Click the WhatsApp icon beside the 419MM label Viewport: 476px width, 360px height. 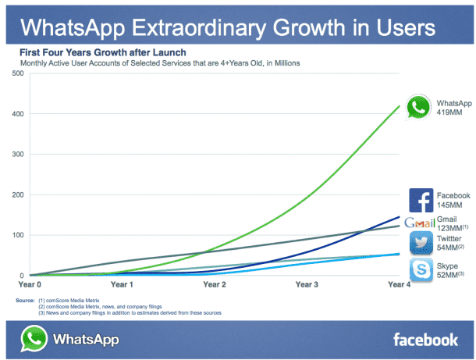pyautogui.click(x=420, y=107)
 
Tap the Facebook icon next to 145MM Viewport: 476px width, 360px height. pyautogui.click(x=421, y=201)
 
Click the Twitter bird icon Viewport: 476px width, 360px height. pyautogui.click(x=421, y=242)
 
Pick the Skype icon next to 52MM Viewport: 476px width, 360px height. pyautogui.click(x=421, y=270)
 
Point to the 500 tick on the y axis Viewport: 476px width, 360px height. pyautogui.click(x=18, y=73)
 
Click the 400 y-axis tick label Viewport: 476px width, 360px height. pyautogui.click(x=18, y=114)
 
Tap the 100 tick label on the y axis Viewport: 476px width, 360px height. pyautogui.click(x=18, y=235)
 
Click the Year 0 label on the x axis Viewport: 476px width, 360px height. pyautogui.click(x=30, y=285)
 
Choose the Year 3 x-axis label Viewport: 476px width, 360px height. pyautogui.click(x=306, y=285)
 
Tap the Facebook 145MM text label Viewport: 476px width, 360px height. pyautogui.click(x=453, y=201)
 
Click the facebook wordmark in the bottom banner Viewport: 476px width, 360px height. pyautogui.click(x=424, y=339)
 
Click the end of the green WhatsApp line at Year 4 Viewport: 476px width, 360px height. pyautogui.click(x=400, y=106)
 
